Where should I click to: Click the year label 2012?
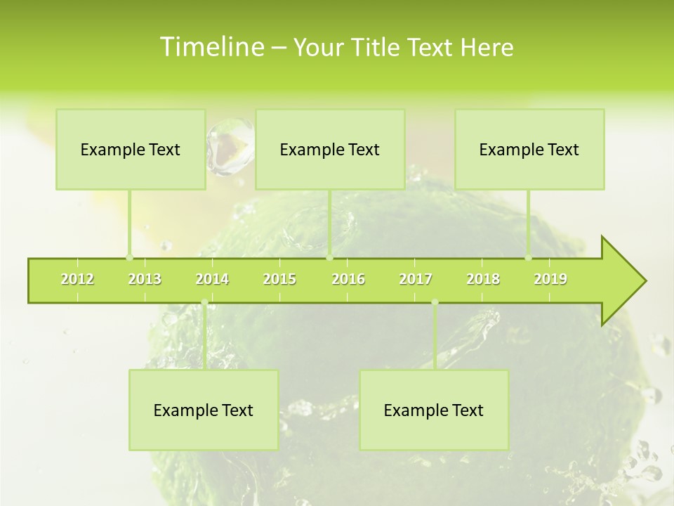point(77,279)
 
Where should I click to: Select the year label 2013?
point(145,279)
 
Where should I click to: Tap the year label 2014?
point(212,279)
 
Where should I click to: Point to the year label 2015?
point(279,279)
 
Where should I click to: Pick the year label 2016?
point(348,279)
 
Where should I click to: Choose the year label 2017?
point(416,279)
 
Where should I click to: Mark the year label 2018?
point(483,279)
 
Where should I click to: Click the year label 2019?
point(550,279)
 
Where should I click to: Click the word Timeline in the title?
point(211,47)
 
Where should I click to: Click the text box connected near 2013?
point(131,149)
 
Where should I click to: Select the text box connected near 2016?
point(330,149)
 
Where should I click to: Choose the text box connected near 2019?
point(529,149)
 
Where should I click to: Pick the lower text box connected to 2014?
point(204,410)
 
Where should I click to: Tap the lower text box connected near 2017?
point(434,410)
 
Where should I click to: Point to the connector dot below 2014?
point(204,303)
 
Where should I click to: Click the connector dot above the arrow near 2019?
point(529,258)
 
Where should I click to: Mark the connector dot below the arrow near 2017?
point(435,303)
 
